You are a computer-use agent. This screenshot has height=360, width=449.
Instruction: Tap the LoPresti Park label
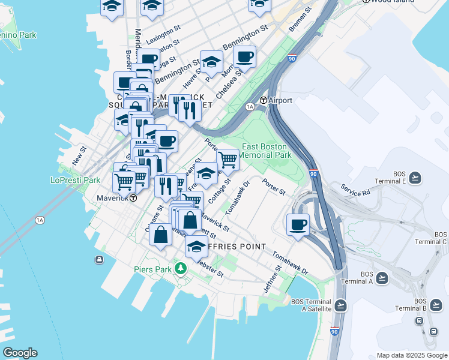(x=75, y=180)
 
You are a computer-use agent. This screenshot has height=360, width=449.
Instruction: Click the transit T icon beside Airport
(x=263, y=100)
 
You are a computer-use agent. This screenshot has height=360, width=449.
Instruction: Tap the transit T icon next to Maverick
(x=133, y=197)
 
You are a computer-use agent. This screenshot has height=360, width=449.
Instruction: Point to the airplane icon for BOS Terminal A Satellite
(x=341, y=305)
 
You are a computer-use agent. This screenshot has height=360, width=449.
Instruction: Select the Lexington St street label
(x=163, y=32)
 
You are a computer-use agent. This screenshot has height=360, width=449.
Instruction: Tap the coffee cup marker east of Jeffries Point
(x=298, y=226)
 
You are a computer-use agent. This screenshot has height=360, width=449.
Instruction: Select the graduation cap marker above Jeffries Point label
(x=196, y=245)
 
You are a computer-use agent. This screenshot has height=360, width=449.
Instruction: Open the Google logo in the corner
(x=20, y=353)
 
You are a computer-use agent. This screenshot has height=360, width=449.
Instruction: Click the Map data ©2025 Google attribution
(x=411, y=355)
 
